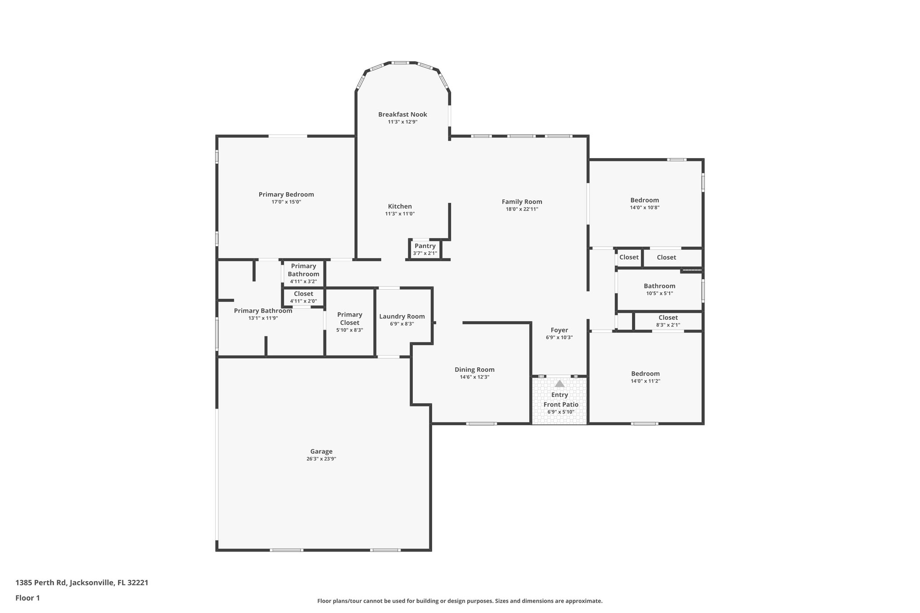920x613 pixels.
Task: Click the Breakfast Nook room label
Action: [x=402, y=115]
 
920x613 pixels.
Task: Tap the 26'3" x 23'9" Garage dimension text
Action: [x=321, y=459]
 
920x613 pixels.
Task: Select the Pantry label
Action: [x=425, y=246]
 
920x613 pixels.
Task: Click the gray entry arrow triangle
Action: [x=559, y=384]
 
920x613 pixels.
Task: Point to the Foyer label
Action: [x=559, y=330]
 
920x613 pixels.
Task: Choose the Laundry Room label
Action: [x=402, y=317]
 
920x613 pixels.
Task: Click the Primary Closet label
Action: [x=349, y=318]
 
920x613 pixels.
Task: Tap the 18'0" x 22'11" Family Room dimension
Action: [x=522, y=209]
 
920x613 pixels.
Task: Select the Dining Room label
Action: [x=474, y=370]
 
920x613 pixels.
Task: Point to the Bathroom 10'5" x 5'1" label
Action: [x=659, y=286]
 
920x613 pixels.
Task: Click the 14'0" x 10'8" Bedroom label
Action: [x=644, y=200]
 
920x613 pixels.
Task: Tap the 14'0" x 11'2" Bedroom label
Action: [x=645, y=374]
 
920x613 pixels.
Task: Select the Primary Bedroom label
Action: [x=286, y=194]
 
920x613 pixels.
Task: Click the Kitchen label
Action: [x=400, y=206]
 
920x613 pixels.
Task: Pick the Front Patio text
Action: [x=561, y=404]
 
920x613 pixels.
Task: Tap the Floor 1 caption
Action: [x=27, y=598]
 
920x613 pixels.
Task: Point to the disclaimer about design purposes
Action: [x=460, y=601]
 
